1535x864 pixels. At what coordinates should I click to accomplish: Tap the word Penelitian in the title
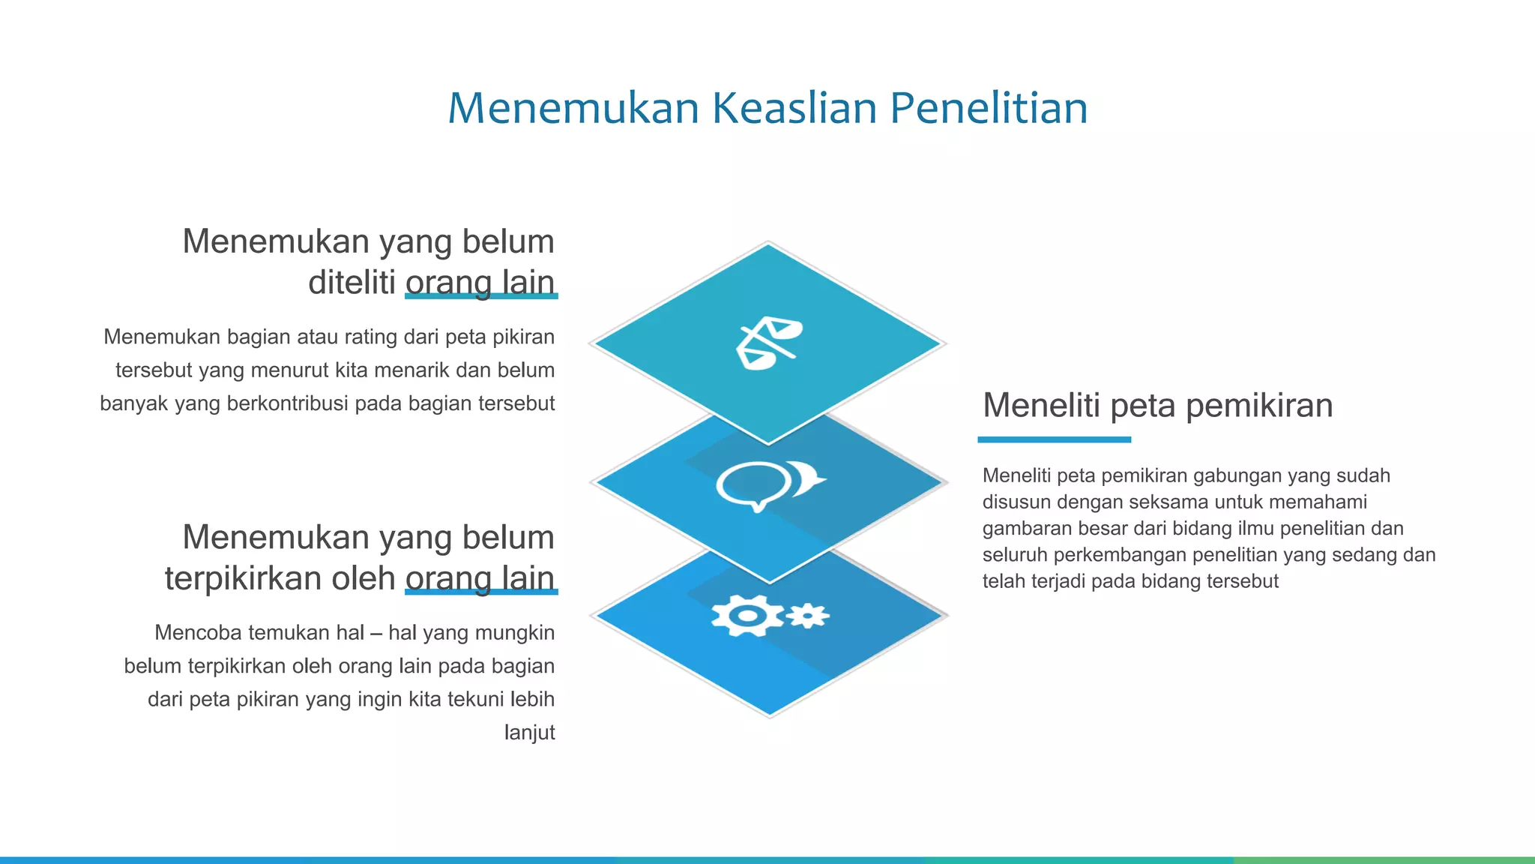pyautogui.click(x=989, y=108)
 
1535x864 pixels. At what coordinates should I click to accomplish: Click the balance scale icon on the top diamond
pyautogui.click(x=768, y=343)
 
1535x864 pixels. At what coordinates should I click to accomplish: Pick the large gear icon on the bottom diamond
pyautogui.click(x=747, y=616)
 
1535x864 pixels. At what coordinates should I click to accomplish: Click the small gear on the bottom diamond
pyautogui.click(x=807, y=616)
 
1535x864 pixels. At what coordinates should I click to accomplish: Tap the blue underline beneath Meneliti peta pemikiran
pyautogui.click(x=1054, y=439)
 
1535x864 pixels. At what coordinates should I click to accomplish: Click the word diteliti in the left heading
pyautogui.click(x=352, y=283)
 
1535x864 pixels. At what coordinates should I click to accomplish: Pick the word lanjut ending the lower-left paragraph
pyautogui.click(x=529, y=732)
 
